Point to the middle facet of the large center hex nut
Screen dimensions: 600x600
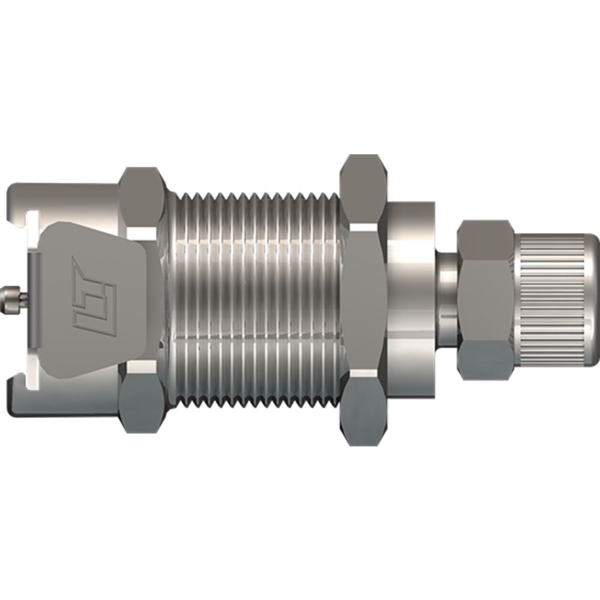tap(363, 300)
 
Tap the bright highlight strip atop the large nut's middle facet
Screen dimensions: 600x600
tap(363, 230)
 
